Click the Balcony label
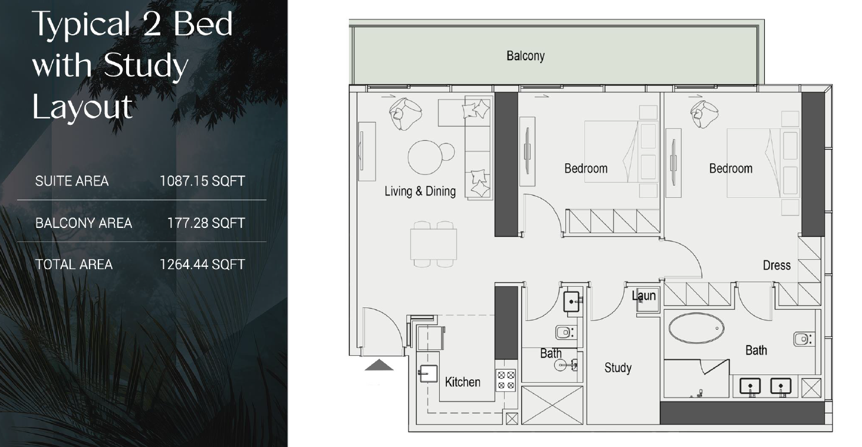[525, 56]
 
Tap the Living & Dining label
[420, 191]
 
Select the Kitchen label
[463, 382]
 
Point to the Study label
[618, 368]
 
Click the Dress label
[777, 265]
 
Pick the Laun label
[644, 296]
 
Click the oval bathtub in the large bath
[696, 328]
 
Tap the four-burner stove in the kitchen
[506, 380]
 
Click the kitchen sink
[427, 373]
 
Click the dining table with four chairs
[433, 244]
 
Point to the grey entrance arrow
[379, 365]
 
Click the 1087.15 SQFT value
[202, 181]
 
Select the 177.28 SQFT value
[206, 223]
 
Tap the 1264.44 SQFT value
[202, 264]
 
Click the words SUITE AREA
[72, 181]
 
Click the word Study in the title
[146, 66]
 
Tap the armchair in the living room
[405, 114]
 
